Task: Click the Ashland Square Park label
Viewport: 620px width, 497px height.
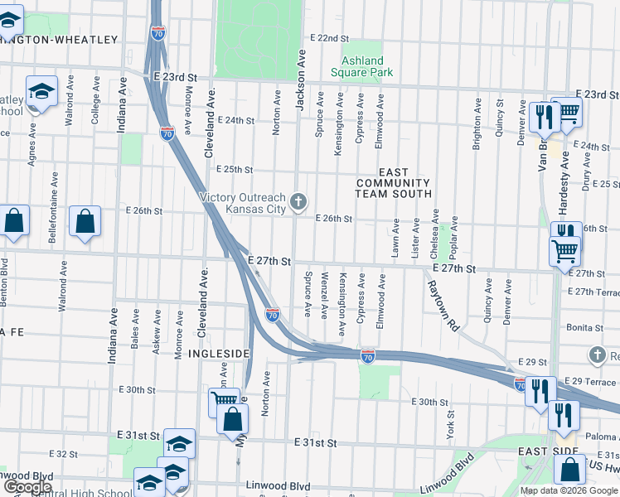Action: coord(362,66)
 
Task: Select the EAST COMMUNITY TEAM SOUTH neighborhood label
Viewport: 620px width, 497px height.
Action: coord(394,188)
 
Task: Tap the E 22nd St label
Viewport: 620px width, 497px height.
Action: coord(329,38)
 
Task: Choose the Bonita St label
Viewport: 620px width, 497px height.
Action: coord(584,328)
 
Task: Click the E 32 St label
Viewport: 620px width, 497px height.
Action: coord(63,454)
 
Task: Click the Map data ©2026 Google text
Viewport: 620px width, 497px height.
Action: coord(568,490)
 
